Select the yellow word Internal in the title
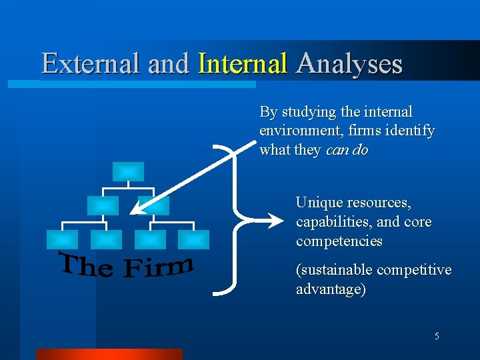tap(243, 64)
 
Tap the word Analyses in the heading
tap(349, 64)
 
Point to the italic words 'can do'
tap(347, 150)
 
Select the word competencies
tap(339, 241)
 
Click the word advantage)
tap(331, 289)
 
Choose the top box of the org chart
tap(127, 172)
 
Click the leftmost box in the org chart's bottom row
tap(61, 239)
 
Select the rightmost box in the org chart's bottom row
tap(193, 239)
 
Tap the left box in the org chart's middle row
tap(103, 205)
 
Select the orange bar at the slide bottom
tap(109, 354)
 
